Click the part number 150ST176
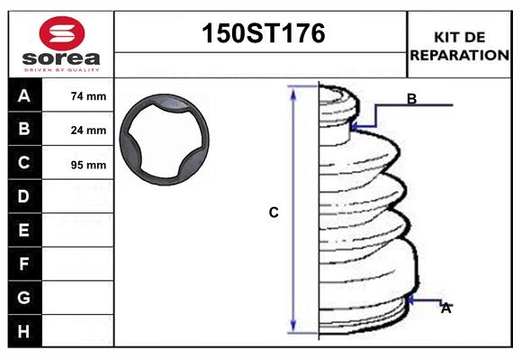261,34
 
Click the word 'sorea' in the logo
60,57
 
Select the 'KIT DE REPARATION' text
460,45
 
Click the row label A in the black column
24,95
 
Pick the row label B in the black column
24,130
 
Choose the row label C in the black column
24,164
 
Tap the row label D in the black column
24,196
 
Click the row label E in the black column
24,230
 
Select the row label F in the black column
24,264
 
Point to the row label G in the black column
24,297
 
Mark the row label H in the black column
24,331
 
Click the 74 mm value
88,96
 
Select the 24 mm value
88,130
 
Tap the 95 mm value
88,165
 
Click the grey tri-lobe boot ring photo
167,140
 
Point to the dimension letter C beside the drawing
274,213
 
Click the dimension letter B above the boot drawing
411,99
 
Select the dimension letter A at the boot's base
445,308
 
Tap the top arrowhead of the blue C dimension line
292,90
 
